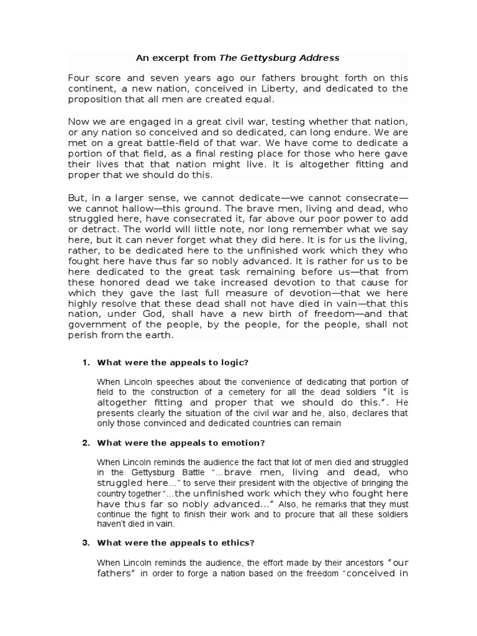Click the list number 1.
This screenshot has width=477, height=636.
pyautogui.click(x=86, y=362)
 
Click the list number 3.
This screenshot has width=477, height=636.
pyautogui.click(x=86, y=543)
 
